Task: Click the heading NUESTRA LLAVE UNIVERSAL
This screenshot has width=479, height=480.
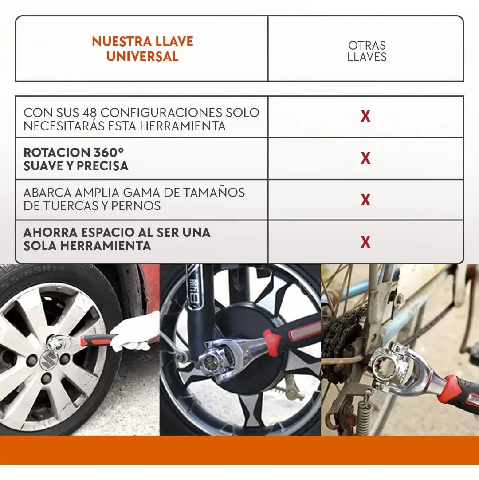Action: click(x=142, y=49)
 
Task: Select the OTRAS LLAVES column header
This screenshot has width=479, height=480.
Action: click(x=367, y=51)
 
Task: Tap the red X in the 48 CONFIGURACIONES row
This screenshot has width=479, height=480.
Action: click(x=365, y=116)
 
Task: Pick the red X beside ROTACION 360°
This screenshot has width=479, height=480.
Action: click(x=365, y=158)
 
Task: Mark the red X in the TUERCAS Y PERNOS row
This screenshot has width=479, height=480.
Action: click(x=365, y=200)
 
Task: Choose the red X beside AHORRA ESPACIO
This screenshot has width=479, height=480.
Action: click(x=365, y=242)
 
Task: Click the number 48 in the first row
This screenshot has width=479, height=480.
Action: click(x=90, y=113)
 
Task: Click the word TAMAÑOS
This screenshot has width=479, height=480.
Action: click(x=214, y=193)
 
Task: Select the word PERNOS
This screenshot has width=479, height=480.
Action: click(x=136, y=206)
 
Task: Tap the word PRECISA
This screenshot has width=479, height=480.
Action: click(x=102, y=166)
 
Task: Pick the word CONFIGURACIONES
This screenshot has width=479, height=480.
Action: click(x=161, y=113)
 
